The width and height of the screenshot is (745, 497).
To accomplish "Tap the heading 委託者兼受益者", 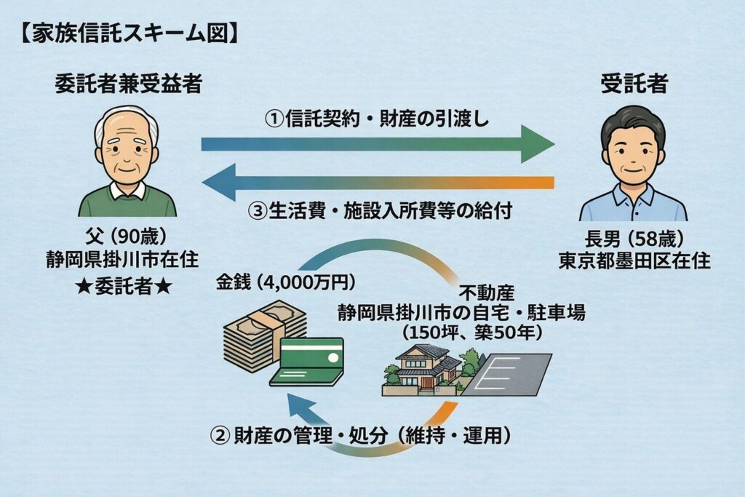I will pyautogui.click(x=127, y=84).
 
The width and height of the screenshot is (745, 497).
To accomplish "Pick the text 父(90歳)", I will pyautogui.click(x=127, y=239).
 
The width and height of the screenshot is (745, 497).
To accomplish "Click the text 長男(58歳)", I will pyautogui.click(x=632, y=239).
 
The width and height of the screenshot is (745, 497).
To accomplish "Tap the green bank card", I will pyautogui.click(x=309, y=360).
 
